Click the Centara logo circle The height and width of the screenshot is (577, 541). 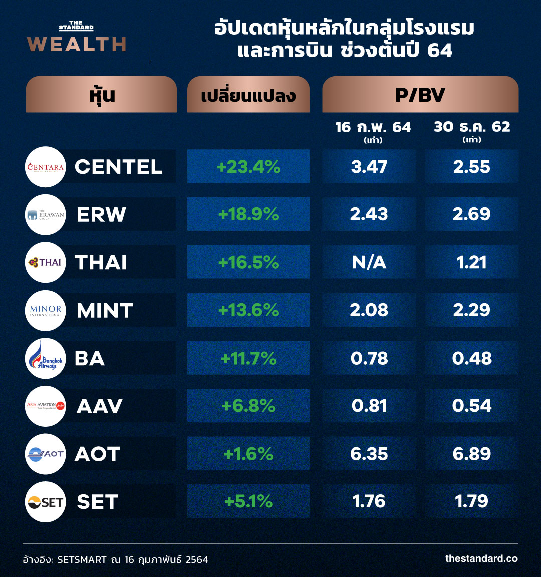[x=46, y=167]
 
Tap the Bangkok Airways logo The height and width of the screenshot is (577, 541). [x=46, y=358]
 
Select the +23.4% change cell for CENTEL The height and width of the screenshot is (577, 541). [x=248, y=167]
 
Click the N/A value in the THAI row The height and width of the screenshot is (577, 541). [x=369, y=262]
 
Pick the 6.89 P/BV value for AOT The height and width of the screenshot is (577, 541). [x=472, y=454]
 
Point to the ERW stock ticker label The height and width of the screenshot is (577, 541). [x=101, y=215]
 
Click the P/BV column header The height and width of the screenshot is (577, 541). [x=420, y=95]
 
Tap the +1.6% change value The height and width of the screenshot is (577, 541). [x=248, y=454]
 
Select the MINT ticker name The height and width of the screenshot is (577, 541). [x=105, y=311]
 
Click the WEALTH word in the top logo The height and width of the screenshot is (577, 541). [x=77, y=44]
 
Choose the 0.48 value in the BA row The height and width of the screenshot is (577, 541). [x=472, y=358]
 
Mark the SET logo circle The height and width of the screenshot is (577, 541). [x=46, y=502]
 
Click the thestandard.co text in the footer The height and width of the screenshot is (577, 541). [x=481, y=558]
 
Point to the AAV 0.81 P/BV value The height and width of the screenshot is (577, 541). [x=369, y=406]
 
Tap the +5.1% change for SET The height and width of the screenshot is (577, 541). [x=248, y=501]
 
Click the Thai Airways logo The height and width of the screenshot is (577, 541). [x=46, y=262]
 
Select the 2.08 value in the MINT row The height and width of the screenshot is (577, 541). [x=369, y=310]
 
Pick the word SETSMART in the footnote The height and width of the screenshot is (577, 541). [x=82, y=559]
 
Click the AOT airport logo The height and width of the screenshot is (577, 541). [x=46, y=454]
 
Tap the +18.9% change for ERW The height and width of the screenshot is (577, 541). [x=248, y=214]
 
